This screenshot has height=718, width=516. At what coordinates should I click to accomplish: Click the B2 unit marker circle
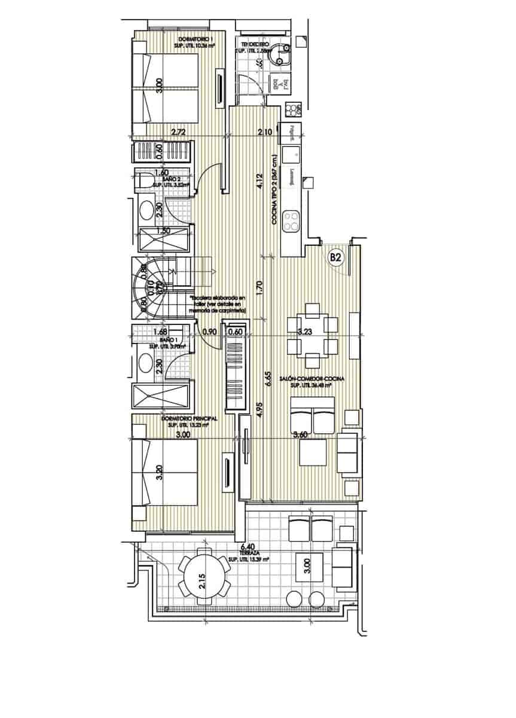coord(335,258)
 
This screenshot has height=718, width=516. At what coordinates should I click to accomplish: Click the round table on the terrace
coord(203,579)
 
